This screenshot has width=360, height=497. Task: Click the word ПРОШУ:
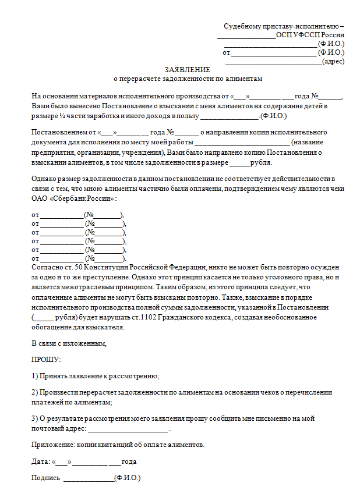click(x=46, y=360)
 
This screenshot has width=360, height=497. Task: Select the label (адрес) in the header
click(x=333, y=61)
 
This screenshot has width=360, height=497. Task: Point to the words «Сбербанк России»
click(x=81, y=198)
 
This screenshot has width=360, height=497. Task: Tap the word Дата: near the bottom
click(x=41, y=461)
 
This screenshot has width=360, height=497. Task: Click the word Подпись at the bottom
click(x=45, y=478)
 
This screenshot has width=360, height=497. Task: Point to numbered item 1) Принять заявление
click(x=96, y=377)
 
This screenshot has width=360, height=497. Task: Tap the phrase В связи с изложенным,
click(x=69, y=343)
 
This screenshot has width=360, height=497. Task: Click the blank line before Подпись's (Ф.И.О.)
click(x=89, y=478)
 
